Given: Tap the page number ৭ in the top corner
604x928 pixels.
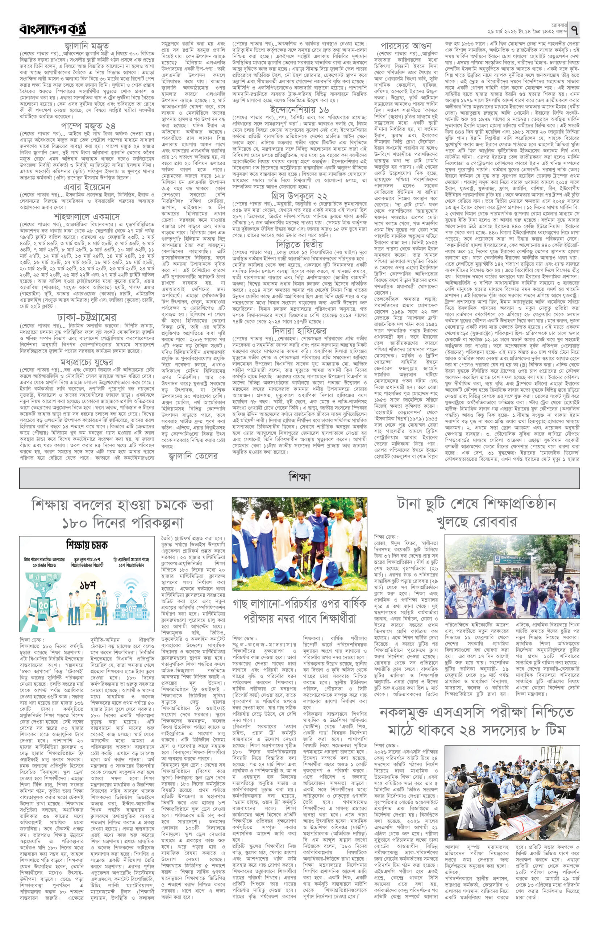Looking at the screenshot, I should [575, 29].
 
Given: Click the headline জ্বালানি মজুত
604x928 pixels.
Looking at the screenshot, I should [87, 46].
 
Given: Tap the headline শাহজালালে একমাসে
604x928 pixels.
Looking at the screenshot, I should [87, 216].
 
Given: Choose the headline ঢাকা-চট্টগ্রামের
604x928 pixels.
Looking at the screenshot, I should [87, 317].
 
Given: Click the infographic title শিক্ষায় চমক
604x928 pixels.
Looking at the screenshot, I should [87, 544].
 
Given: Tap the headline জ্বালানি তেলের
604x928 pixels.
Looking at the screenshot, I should [193, 455].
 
